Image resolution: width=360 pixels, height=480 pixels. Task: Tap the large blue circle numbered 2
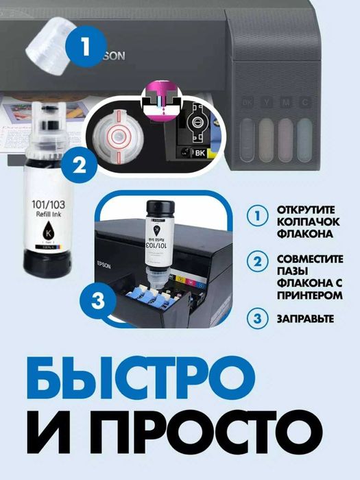pos(80,164)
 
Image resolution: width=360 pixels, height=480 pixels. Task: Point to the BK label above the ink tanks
pos(248,103)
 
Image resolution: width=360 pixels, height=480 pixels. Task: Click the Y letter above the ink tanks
pos(268,103)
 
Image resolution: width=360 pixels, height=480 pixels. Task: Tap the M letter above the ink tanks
pos(286,103)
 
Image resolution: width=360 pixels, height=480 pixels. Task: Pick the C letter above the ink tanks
pos(304,103)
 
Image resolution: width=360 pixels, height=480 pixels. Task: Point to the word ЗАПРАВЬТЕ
pos(305,318)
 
